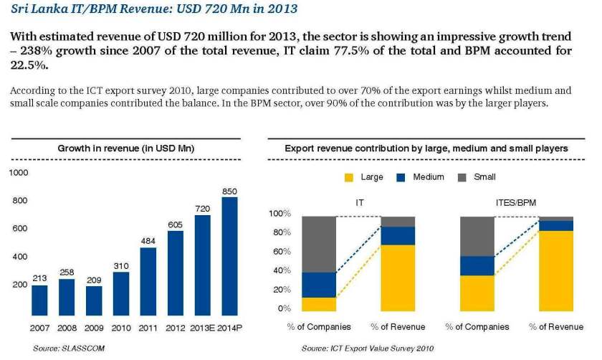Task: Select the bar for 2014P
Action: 229,256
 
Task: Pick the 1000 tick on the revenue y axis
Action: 19,173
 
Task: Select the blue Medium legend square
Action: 401,177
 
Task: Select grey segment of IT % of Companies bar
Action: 319,244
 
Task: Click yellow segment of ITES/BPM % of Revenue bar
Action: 556,271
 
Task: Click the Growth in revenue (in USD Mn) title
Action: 126,148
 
